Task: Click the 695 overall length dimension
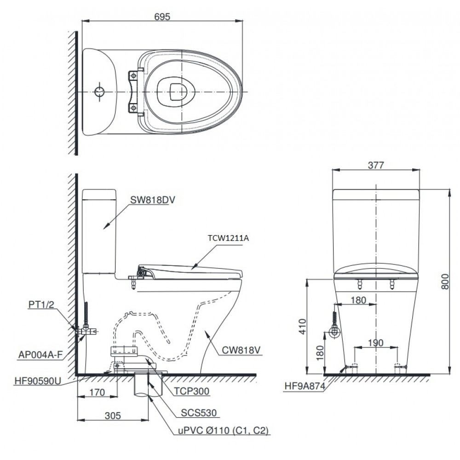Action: tap(162, 16)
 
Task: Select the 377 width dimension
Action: tap(376, 166)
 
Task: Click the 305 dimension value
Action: tap(113, 415)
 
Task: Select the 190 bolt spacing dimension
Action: tap(376, 343)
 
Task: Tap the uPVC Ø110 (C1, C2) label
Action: tap(223, 431)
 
